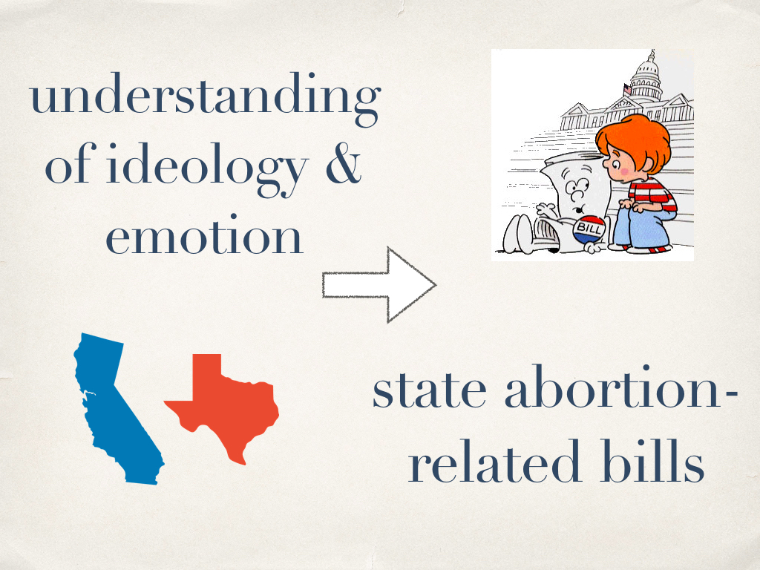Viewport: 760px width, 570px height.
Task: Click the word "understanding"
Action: coord(205,99)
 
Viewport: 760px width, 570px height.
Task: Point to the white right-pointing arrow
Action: coord(379,284)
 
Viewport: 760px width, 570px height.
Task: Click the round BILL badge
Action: coord(589,229)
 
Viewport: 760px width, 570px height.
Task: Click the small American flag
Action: coord(627,89)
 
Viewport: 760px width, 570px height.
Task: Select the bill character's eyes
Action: coord(577,186)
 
